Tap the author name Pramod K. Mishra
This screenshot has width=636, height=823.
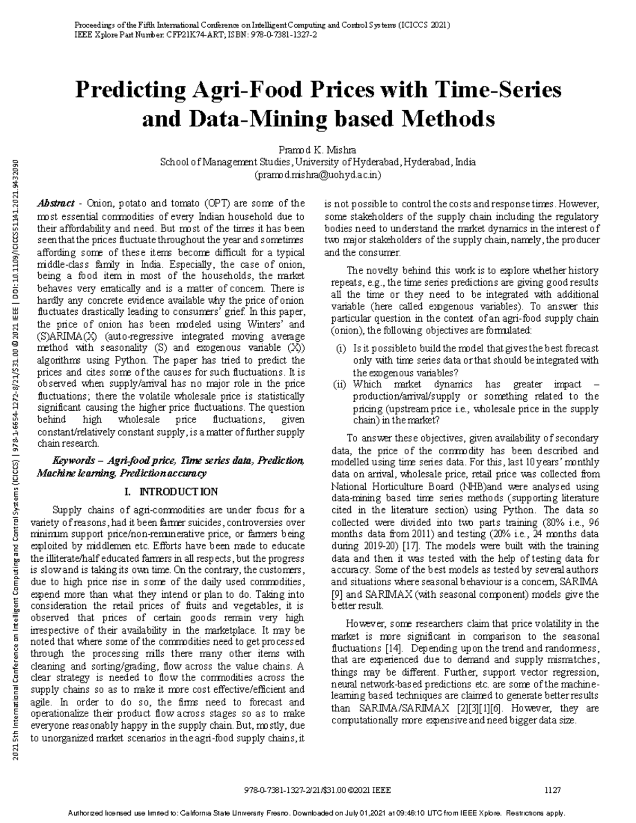pos(317,150)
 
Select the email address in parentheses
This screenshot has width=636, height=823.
pos(317,174)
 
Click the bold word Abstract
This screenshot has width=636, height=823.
pos(56,203)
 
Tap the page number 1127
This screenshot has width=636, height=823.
pos(552,790)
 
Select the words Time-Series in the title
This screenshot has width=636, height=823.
pos(497,91)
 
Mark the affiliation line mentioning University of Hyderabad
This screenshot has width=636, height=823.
pos(317,162)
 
